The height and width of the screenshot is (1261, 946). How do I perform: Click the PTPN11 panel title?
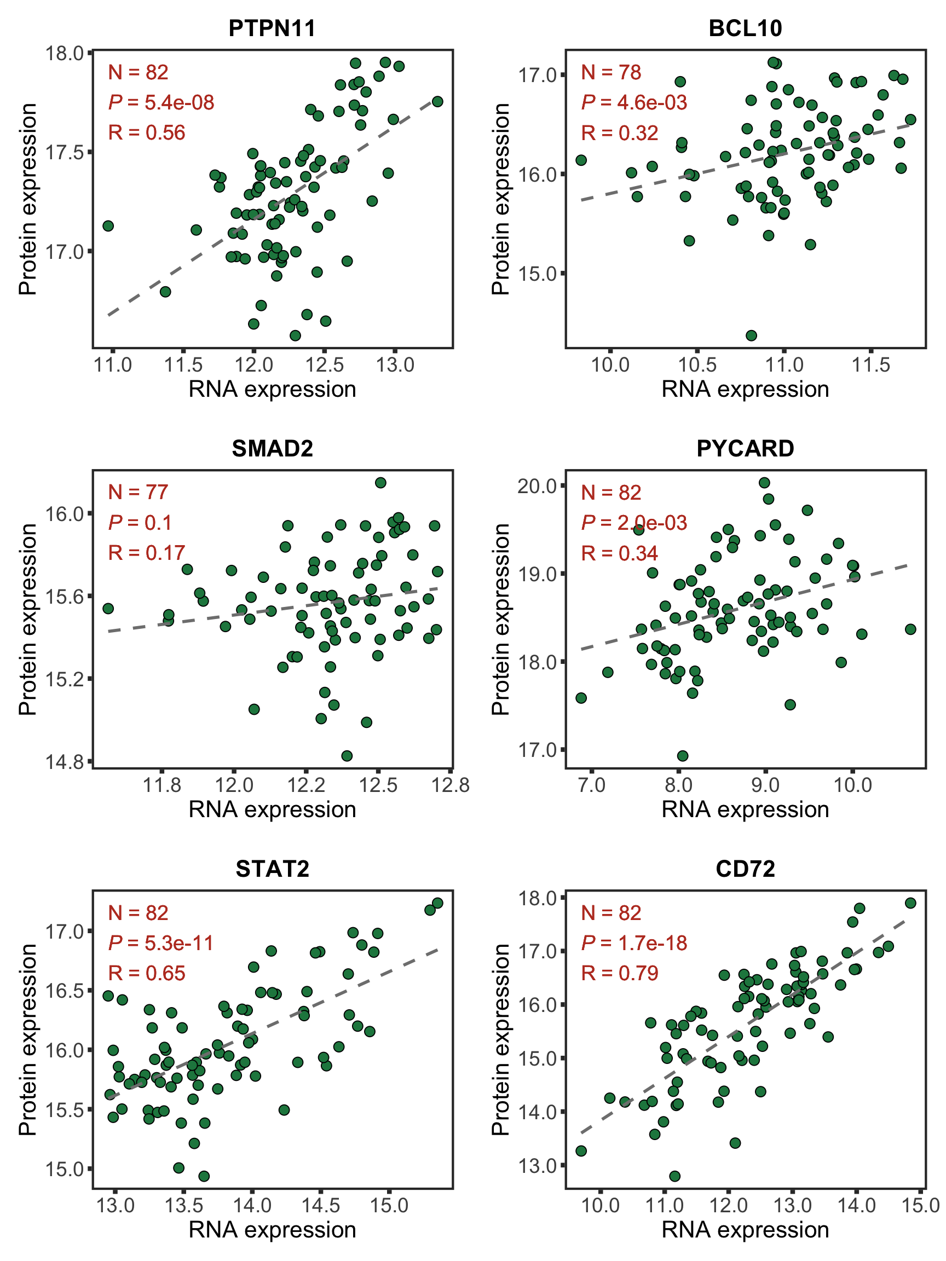click(272, 28)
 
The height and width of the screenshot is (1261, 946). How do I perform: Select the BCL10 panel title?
click(745, 28)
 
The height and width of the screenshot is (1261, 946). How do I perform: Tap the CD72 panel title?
click(745, 868)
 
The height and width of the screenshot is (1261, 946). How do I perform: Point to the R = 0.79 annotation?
click(619, 973)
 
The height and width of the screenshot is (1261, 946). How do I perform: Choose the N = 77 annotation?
click(138, 492)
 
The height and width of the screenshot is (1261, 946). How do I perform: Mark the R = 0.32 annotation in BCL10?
click(619, 133)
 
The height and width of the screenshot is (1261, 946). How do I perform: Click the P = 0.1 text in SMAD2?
click(140, 522)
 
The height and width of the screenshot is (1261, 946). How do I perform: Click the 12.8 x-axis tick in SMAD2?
click(451, 785)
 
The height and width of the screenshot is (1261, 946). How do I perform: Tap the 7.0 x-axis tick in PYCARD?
click(591, 785)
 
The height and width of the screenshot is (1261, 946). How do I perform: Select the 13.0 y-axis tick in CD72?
click(537, 1165)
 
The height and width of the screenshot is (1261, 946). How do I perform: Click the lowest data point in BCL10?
click(751, 335)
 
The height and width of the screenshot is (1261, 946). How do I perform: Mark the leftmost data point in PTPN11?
click(108, 225)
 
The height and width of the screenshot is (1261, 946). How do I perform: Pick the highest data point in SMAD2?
click(380, 483)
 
